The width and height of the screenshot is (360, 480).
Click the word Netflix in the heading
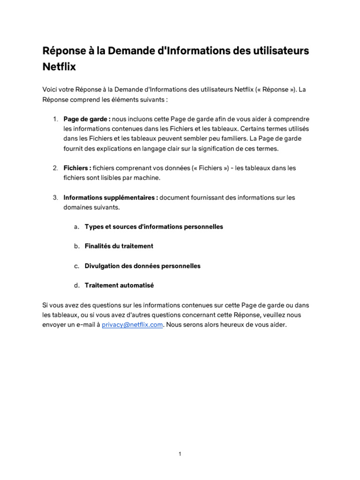(59, 67)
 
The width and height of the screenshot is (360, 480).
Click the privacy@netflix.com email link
(133, 324)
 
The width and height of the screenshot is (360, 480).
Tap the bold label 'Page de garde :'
(87, 119)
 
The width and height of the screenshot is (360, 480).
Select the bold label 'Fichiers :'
(77, 168)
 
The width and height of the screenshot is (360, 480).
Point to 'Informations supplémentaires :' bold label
(111, 197)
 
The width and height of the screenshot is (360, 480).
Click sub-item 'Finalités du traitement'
(119, 246)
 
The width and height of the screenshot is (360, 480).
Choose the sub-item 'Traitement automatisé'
(119, 285)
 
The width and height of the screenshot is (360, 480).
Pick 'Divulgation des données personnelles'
(142, 266)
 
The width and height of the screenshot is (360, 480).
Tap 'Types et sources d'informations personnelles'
(154, 226)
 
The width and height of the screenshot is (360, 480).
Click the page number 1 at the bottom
(180, 454)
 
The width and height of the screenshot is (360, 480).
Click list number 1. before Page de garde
(55, 119)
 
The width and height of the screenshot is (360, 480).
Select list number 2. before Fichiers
(55, 168)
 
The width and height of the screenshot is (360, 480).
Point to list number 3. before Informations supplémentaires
(55, 197)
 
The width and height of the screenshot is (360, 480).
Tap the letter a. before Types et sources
(76, 226)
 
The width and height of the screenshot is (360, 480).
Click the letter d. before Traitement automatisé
(76, 285)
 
